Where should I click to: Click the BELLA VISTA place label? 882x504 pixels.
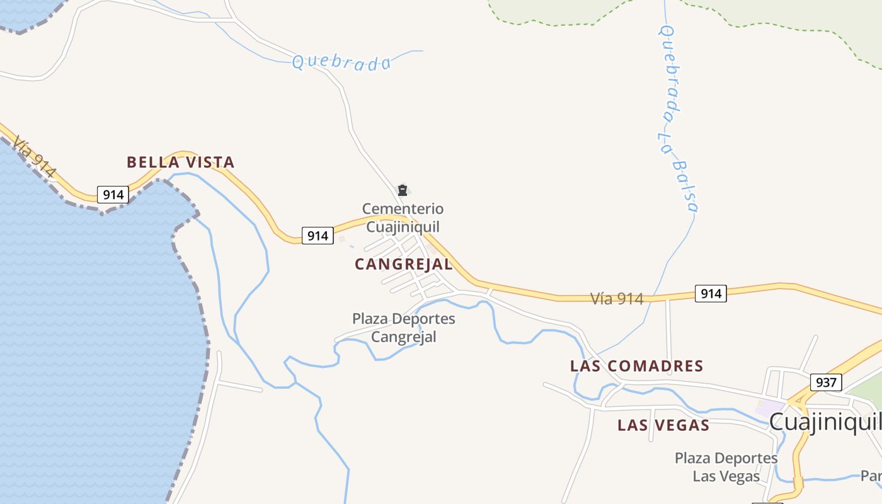tap(181, 163)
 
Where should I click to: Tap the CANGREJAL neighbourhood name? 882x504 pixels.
tap(403, 265)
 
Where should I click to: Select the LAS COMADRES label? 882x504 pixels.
tap(636, 366)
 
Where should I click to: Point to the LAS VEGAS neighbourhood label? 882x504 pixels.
tap(663, 425)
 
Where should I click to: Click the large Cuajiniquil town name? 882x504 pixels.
tap(824, 422)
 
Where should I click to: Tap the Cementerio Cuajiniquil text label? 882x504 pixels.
tap(403, 217)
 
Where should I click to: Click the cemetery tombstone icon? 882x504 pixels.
tap(402, 190)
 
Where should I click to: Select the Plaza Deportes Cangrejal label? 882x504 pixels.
tap(403, 328)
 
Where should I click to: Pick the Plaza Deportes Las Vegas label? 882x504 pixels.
tap(726, 467)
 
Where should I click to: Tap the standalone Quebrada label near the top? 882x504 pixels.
tap(341, 62)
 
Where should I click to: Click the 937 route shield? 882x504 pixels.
tap(825, 382)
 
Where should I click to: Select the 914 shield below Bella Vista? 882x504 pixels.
tap(113, 195)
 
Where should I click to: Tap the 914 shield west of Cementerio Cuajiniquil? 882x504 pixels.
tap(318, 236)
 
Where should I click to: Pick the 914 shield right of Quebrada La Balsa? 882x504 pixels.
tap(711, 293)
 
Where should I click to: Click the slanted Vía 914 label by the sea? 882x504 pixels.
tap(34, 157)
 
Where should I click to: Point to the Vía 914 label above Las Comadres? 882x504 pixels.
tap(617, 299)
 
